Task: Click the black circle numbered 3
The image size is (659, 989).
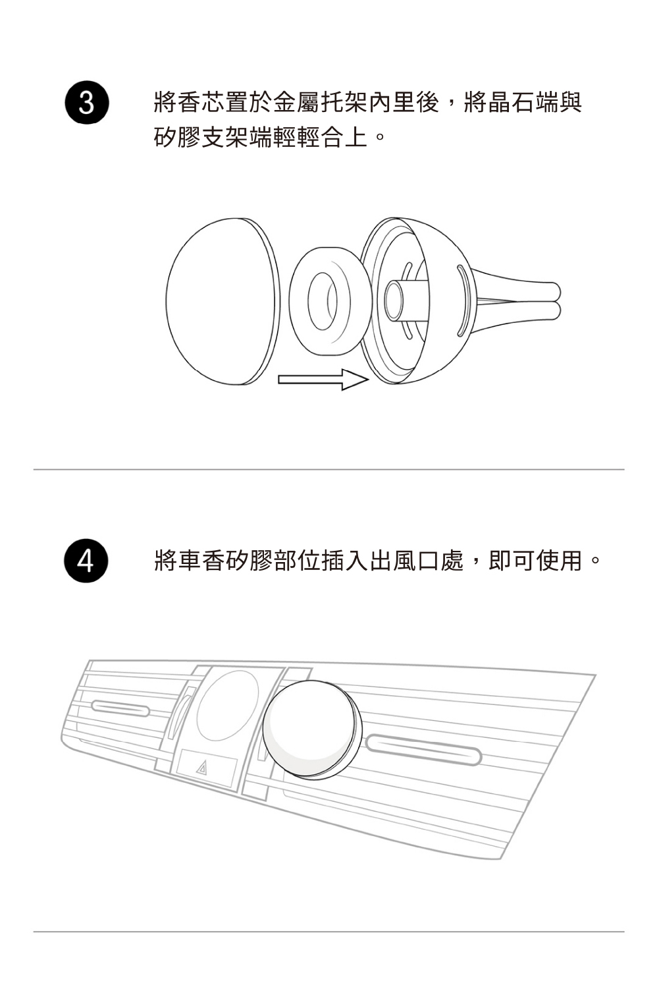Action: (x=86, y=103)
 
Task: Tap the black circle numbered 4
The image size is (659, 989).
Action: (x=86, y=561)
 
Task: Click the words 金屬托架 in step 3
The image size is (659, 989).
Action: (x=321, y=103)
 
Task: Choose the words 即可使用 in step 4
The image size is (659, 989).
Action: (x=536, y=561)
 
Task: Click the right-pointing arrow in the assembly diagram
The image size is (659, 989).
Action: (x=322, y=380)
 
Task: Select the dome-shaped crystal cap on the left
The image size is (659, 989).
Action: (x=221, y=300)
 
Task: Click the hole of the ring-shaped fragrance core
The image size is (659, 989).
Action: (x=323, y=300)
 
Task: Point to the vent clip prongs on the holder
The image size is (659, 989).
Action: (x=520, y=300)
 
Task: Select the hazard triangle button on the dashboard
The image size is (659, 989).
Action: (x=201, y=768)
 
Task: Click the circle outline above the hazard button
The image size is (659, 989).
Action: (x=227, y=706)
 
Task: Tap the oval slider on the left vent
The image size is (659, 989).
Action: (x=120, y=708)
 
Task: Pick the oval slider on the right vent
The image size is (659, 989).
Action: (x=424, y=749)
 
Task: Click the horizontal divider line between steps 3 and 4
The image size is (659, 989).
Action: (x=329, y=470)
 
